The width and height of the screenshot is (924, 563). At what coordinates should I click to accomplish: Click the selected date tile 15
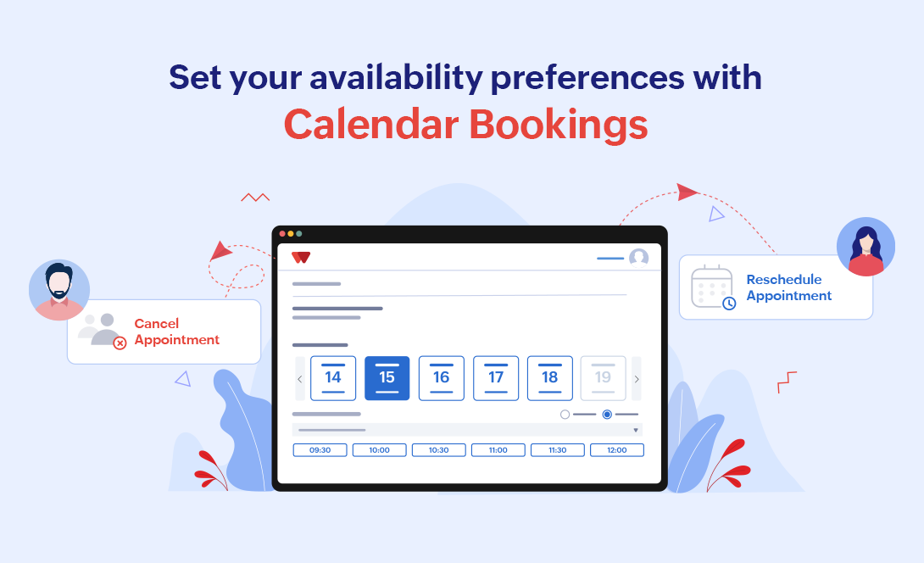[387, 378]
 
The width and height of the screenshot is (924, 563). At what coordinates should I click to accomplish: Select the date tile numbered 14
[333, 378]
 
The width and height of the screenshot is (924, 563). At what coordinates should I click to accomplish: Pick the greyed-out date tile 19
[603, 378]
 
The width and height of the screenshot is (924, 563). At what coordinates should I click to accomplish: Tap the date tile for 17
[496, 378]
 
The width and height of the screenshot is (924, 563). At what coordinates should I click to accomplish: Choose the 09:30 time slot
[320, 450]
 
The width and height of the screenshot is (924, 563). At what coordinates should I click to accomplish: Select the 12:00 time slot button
[617, 450]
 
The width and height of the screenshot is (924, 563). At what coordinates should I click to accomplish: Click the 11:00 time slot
[498, 450]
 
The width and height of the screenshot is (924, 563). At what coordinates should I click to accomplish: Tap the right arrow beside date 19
[637, 379]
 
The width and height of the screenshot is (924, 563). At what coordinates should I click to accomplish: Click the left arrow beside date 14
[300, 379]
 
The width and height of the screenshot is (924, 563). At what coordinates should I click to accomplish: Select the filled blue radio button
[607, 415]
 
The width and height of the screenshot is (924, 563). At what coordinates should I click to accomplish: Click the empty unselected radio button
[565, 415]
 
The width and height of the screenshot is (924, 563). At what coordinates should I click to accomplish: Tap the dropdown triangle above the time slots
[636, 431]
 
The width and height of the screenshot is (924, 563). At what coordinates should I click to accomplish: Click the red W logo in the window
[301, 257]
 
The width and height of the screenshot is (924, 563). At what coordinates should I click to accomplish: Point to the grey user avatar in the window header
[639, 258]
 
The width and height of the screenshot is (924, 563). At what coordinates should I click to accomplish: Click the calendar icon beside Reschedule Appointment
[712, 287]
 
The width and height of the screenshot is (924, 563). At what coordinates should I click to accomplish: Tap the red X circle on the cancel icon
[120, 343]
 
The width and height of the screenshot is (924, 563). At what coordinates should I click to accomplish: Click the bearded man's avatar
[59, 290]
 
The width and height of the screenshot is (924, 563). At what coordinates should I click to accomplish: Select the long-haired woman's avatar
[866, 247]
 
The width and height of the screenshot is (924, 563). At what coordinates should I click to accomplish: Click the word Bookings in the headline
[558, 125]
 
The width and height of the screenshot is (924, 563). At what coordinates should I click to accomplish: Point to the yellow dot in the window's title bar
[291, 234]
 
